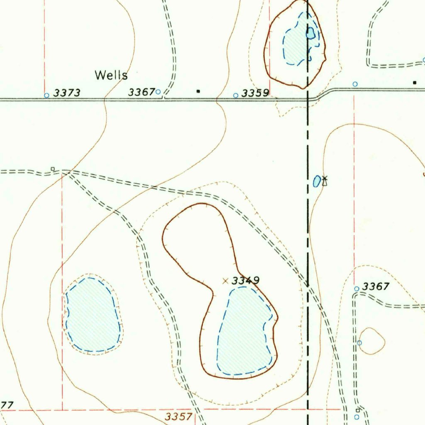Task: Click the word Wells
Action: point(111,75)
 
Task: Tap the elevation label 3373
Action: point(66,93)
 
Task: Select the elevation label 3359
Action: point(255,93)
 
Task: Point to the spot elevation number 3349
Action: point(245,281)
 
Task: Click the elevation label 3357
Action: point(178,417)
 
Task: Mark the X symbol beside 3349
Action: point(225,281)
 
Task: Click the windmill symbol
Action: point(325,181)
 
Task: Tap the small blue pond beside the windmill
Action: point(317,181)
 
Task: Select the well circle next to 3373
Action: point(46,95)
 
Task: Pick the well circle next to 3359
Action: point(236,95)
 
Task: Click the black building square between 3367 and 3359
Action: point(198,91)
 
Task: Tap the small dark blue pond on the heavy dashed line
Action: point(310,33)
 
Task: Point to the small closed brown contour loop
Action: point(371,341)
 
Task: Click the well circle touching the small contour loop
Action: point(359,342)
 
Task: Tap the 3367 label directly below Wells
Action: point(141,92)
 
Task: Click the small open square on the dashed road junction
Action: point(53,169)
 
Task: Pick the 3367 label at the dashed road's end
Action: point(376,286)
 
